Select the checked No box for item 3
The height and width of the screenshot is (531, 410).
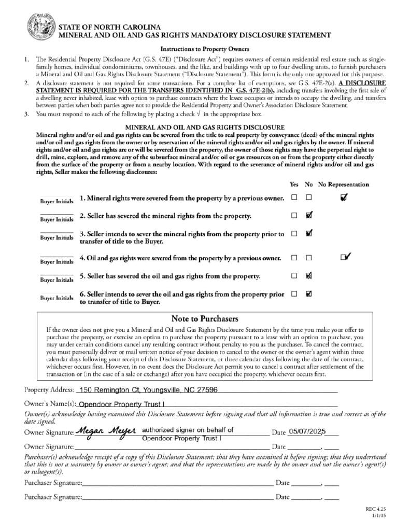coord(309,233)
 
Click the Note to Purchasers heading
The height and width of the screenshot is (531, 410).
coord(205,318)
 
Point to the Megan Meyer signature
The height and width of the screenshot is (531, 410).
coord(105,431)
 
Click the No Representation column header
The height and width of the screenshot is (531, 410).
coord(343,185)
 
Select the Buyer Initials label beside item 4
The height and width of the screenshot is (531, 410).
coord(57,262)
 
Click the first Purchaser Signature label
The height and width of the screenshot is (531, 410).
coord(53,483)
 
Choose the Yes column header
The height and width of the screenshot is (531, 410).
coord(294,185)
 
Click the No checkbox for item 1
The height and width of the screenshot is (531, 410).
coord(309,198)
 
